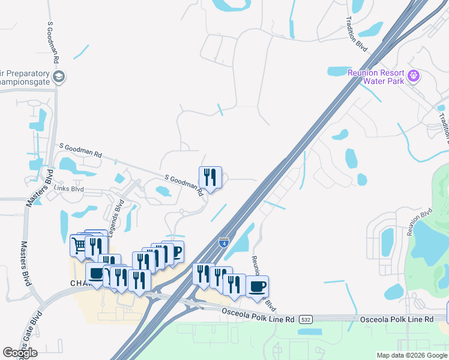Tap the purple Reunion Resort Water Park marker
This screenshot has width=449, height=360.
412,76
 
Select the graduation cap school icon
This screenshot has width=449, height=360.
59,77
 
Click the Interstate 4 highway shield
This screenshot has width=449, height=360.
223,242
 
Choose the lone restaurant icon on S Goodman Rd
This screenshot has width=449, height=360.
210,176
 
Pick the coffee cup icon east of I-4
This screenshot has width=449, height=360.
257,286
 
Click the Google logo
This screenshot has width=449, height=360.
20,352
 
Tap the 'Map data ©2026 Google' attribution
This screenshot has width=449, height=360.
412,355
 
